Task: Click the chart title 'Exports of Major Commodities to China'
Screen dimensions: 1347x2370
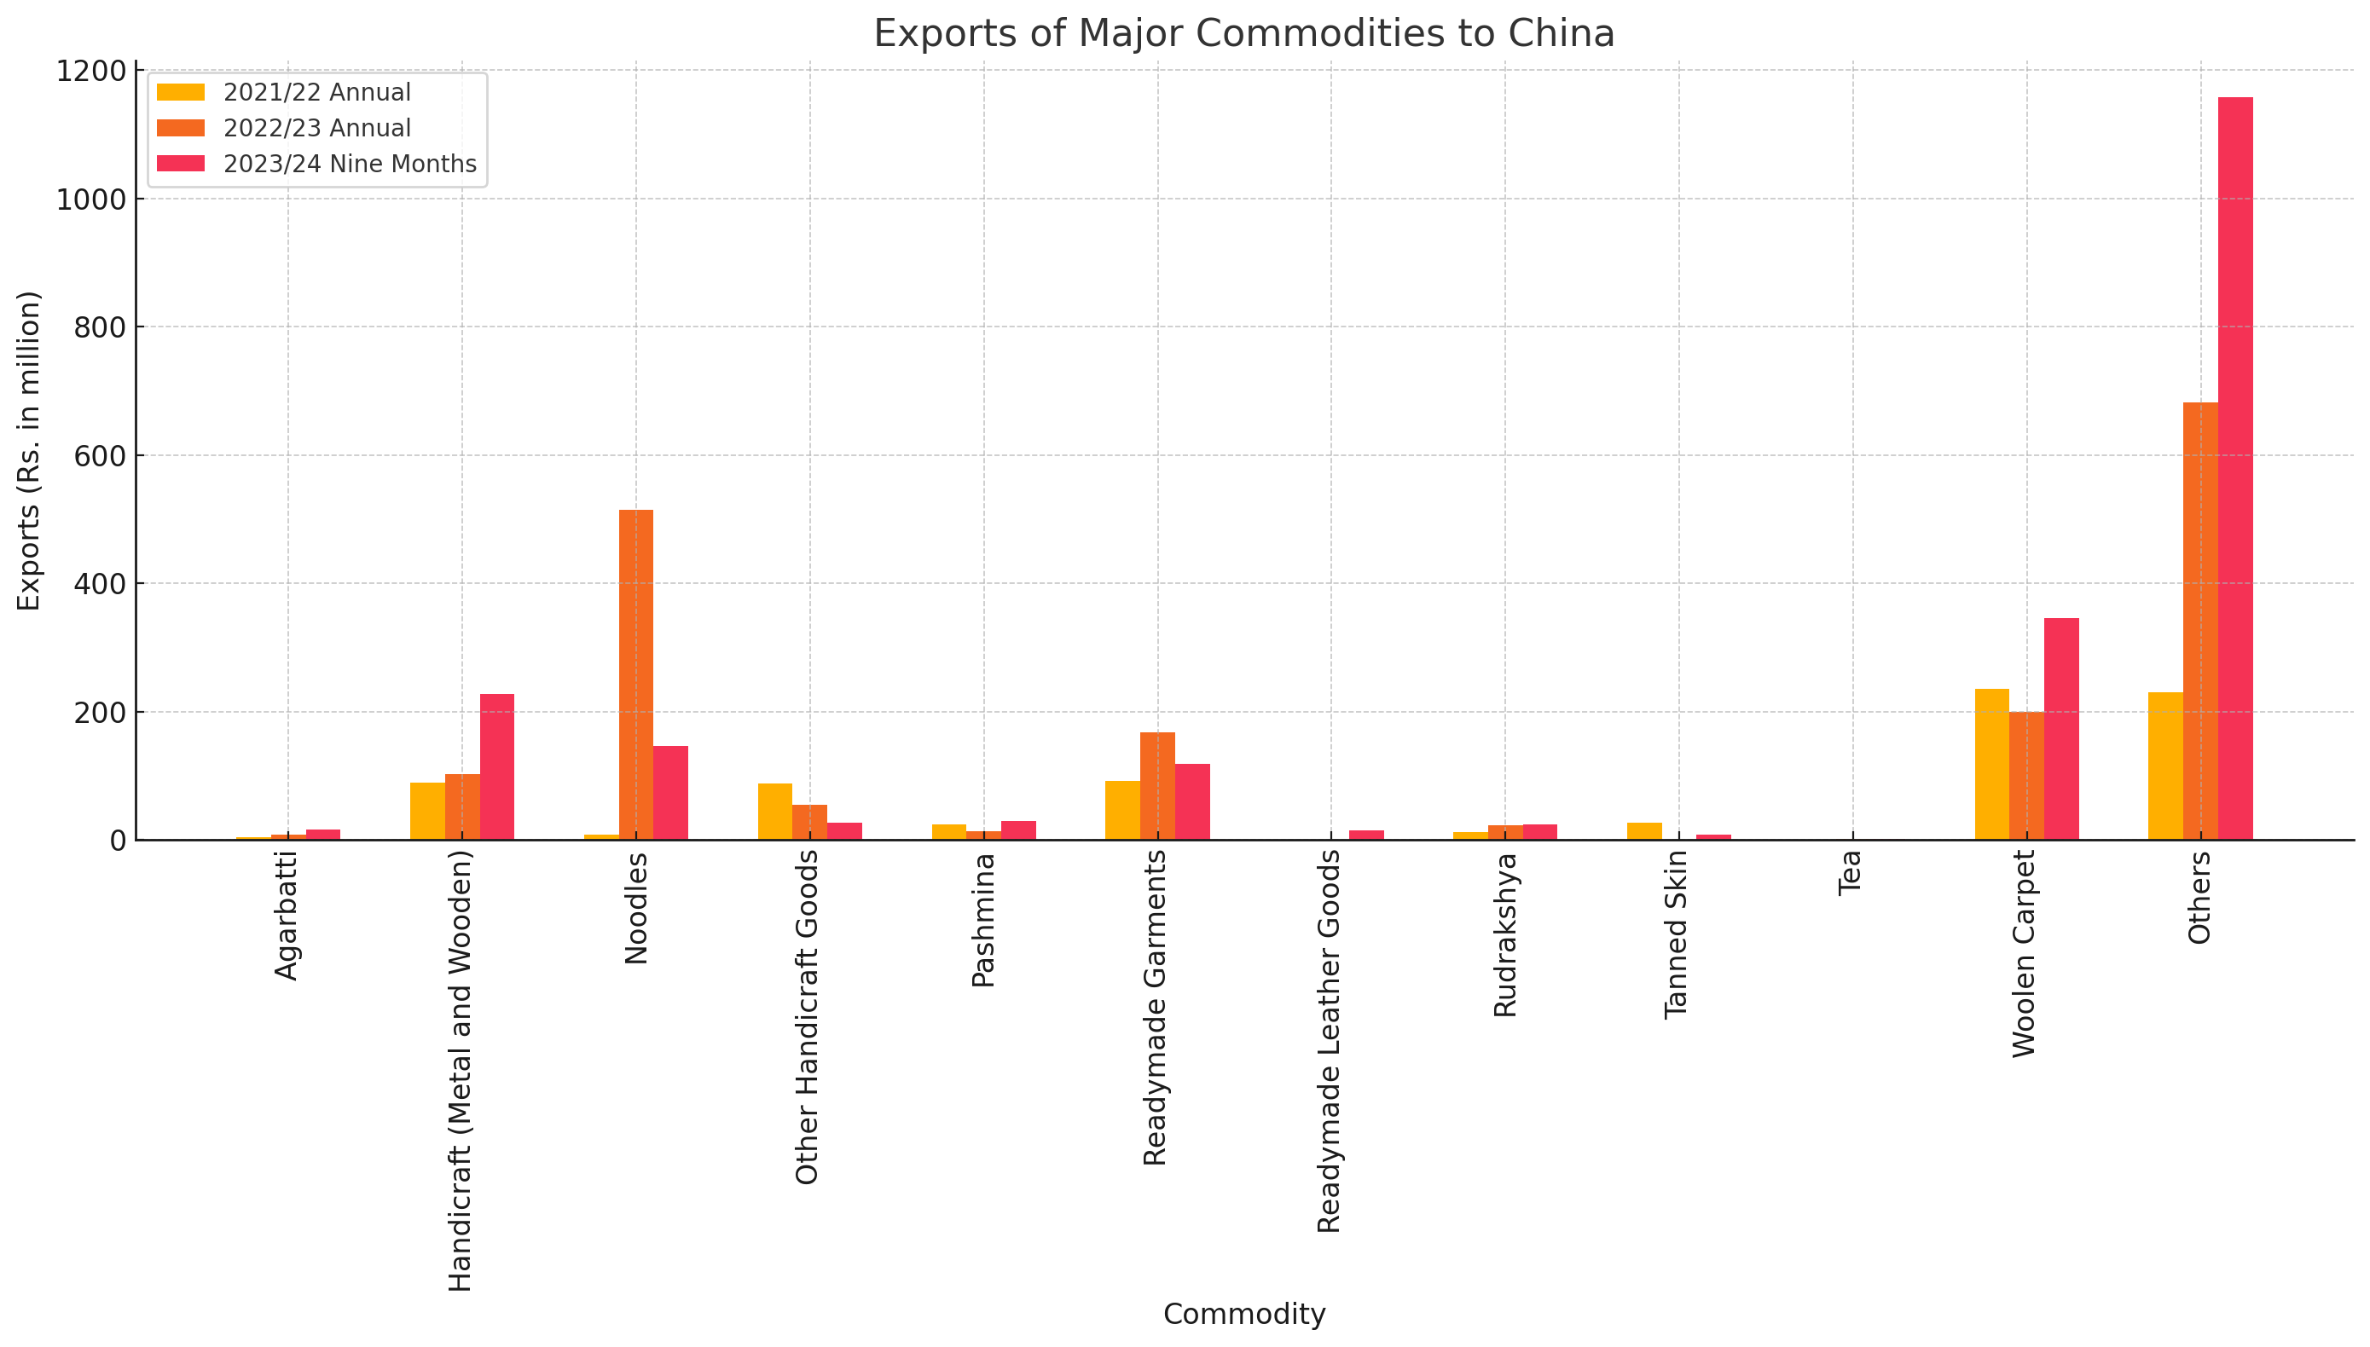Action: (1243, 34)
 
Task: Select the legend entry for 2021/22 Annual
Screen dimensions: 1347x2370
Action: (316, 93)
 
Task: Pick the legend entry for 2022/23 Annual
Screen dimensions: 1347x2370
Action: (316, 128)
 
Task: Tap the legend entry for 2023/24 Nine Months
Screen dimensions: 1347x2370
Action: (349, 164)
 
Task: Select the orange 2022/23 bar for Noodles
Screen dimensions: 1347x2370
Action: (635, 674)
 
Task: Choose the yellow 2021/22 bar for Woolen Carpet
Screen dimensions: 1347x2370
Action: (1991, 764)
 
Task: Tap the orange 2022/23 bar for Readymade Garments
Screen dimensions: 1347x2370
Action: (1156, 785)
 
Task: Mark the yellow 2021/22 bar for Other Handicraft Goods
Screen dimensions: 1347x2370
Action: (774, 812)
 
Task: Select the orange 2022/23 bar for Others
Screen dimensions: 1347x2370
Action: (2199, 621)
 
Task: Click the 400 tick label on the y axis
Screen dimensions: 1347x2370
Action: (90, 584)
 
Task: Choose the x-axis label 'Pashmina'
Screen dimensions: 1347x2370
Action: (982, 920)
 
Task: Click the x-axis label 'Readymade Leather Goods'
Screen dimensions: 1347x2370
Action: (1329, 1042)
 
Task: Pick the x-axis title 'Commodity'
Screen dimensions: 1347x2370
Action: (1243, 1314)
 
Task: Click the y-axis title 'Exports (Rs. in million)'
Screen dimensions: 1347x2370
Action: (30, 450)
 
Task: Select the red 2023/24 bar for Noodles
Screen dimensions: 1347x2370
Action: (670, 792)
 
